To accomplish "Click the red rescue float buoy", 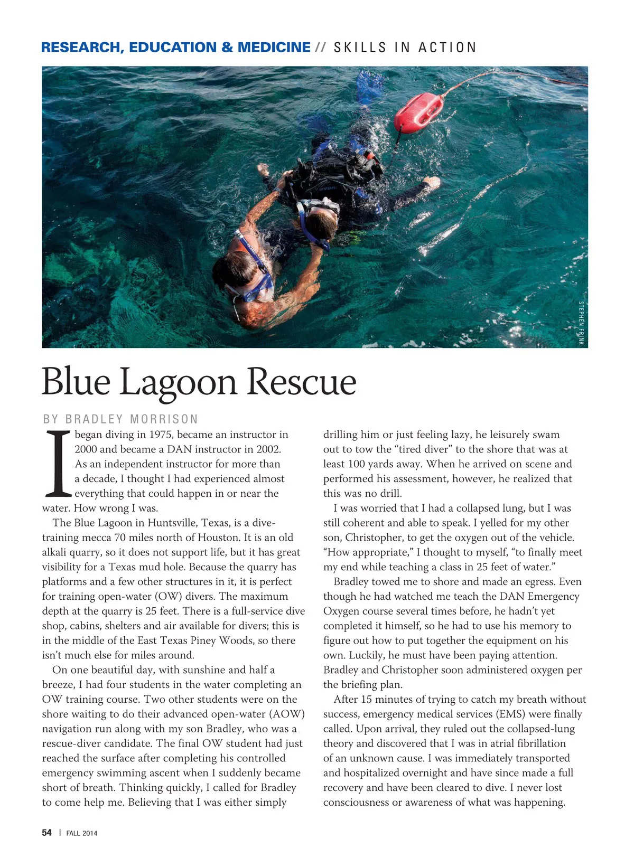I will (418, 111).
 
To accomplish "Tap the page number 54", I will (47, 833).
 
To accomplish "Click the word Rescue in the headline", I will (302, 382).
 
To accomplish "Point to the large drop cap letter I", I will (58, 464).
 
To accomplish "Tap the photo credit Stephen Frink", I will (581, 323).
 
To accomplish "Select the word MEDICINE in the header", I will (274, 48).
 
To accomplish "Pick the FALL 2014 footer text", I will (81, 833).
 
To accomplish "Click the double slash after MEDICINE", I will (320, 48).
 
